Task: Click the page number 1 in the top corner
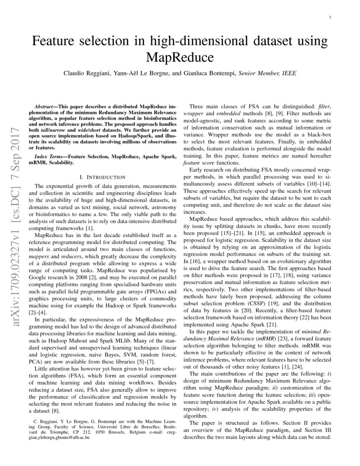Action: (330, 17)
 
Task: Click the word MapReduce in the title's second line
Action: (180, 56)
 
